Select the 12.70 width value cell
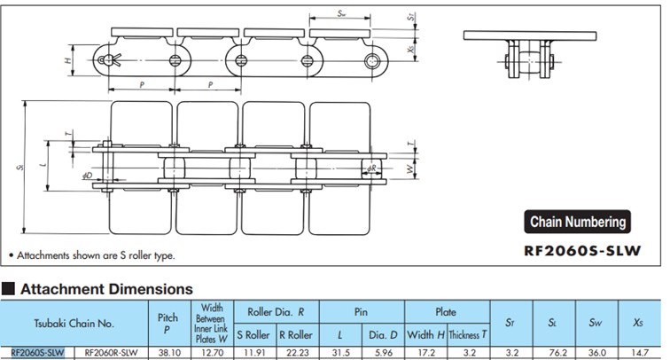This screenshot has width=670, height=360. (x=212, y=352)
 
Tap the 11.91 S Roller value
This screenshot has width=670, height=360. (x=255, y=352)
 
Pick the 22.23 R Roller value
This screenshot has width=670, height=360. (x=296, y=352)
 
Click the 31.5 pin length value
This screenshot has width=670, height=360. (x=340, y=352)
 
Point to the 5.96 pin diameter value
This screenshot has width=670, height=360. (x=384, y=352)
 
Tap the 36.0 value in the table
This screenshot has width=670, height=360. (x=597, y=352)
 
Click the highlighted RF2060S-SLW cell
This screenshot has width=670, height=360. (x=38, y=352)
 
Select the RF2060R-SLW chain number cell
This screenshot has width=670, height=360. (x=110, y=352)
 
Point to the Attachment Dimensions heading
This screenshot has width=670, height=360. (x=106, y=288)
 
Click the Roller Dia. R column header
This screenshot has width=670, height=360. (x=277, y=311)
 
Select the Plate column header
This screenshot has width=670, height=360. (x=446, y=311)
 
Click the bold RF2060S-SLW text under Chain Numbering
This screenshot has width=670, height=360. (x=583, y=251)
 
